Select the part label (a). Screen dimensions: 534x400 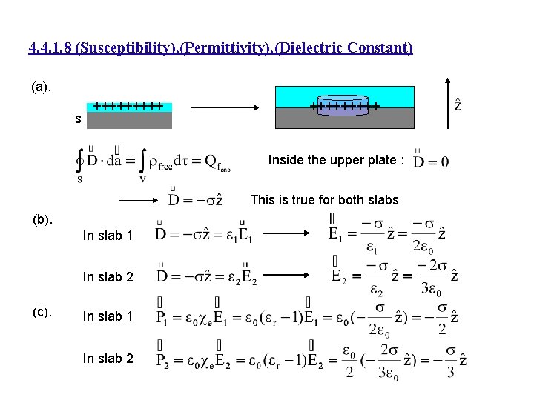42,87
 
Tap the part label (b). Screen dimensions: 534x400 42,219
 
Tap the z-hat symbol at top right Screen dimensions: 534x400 458,103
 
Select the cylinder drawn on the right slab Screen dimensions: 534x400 343,104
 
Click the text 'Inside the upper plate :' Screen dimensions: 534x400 336,160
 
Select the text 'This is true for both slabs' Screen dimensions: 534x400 324,199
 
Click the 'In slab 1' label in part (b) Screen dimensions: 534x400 108,236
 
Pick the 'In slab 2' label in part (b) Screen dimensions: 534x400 108,277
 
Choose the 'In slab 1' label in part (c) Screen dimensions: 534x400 108,316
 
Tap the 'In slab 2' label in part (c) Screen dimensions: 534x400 108,359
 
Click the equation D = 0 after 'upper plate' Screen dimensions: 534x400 431,161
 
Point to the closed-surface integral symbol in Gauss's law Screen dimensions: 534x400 80,162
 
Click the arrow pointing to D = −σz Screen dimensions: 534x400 139,200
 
